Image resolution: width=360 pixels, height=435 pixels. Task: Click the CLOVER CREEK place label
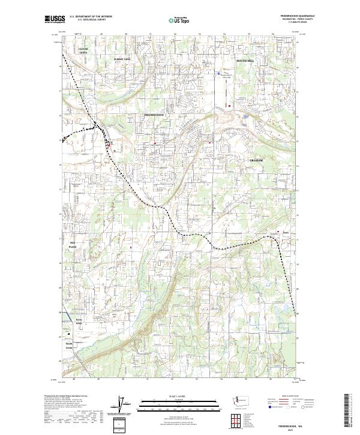(x=83, y=50)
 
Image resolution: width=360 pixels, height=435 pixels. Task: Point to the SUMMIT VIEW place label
(x=122, y=59)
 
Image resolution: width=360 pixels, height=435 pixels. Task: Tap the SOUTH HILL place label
(x=245, y=61)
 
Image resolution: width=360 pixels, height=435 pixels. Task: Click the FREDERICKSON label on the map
(x=158, y=114)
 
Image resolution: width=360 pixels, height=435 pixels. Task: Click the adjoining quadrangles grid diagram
(x=233, y=421)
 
